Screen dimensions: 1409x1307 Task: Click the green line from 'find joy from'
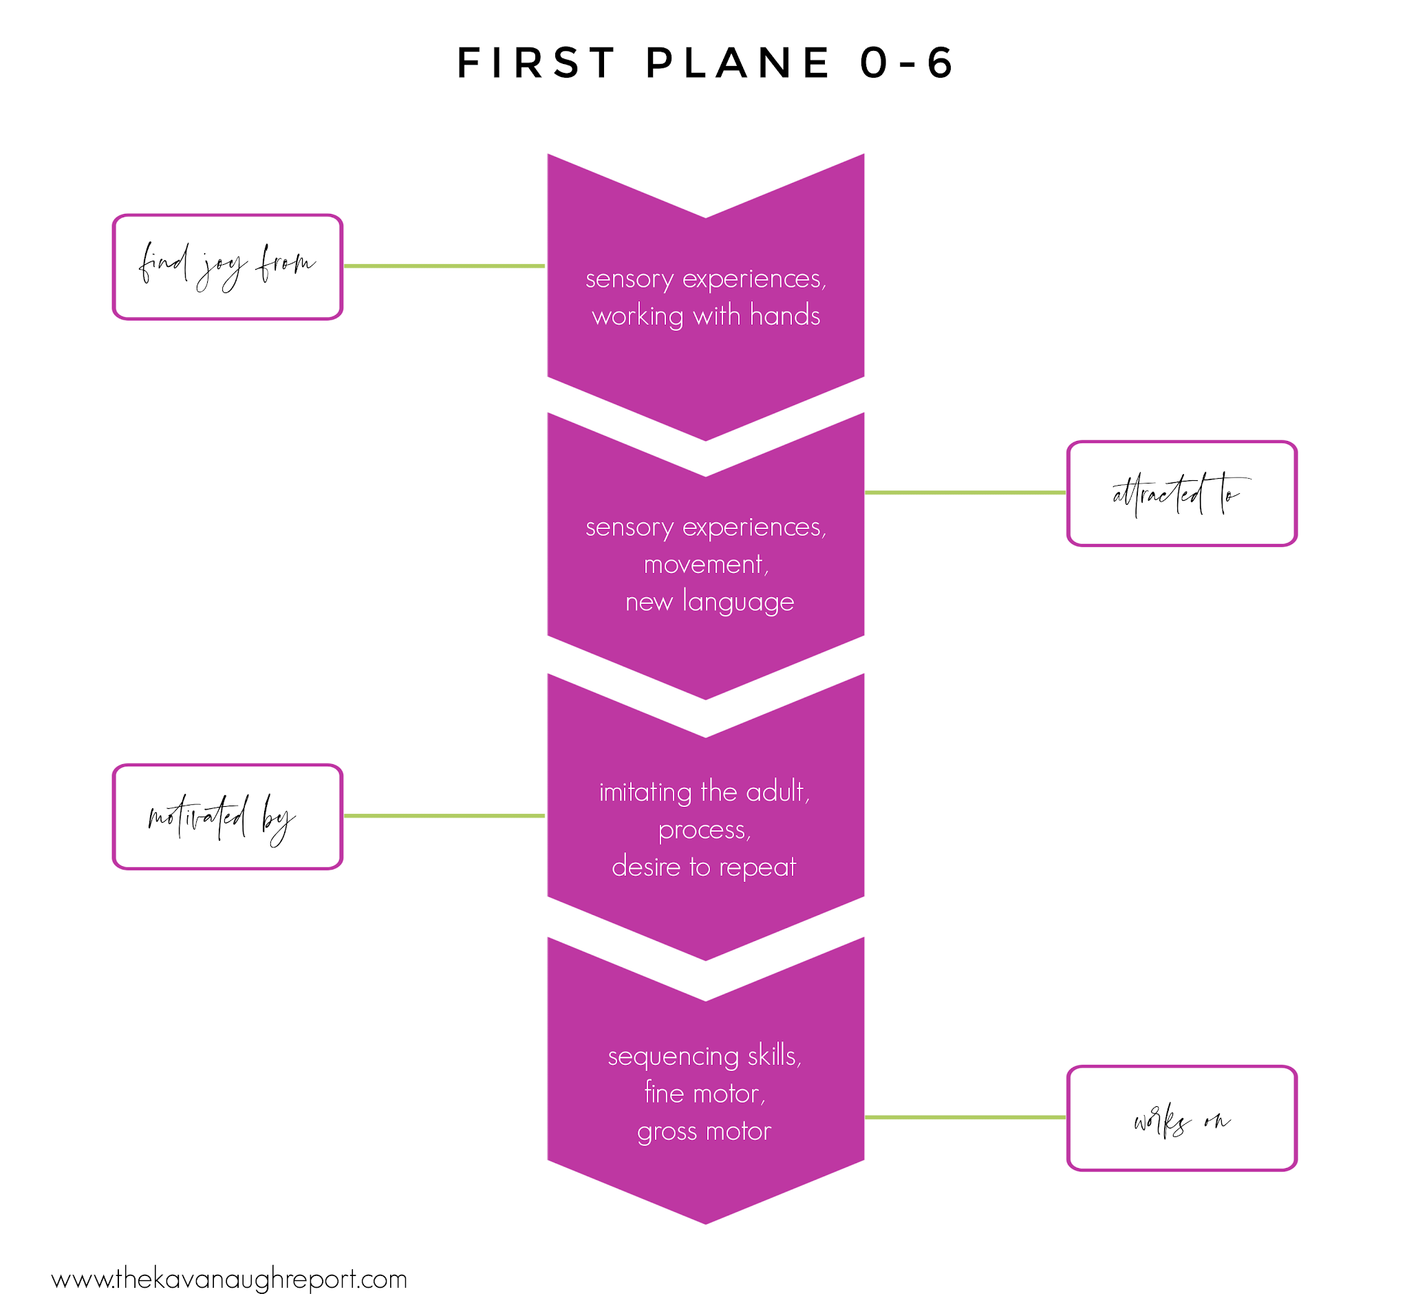tap(444, 266)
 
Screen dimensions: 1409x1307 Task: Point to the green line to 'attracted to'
tap(965, 493)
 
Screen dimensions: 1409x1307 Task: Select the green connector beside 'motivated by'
tap(444, 815)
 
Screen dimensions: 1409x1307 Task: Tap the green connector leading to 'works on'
tap(965, 1116)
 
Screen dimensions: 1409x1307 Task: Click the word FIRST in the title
tap(535, 62)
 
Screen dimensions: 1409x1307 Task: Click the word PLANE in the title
tap(738, 62)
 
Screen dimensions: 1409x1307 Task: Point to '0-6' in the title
tap(907, 62)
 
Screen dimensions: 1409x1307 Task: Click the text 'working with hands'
tap(706, 316)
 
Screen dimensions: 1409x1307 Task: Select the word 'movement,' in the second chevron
tap(706, 564)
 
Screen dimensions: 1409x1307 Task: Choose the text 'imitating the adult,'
tap(704, 791)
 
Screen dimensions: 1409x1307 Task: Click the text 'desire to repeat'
tap(704, 866)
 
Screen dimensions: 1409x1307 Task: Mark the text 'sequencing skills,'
tap(704, 1056)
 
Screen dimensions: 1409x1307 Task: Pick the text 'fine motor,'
tap(704, 1092)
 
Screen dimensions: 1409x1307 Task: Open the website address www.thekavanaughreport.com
tap(229, 1279)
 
